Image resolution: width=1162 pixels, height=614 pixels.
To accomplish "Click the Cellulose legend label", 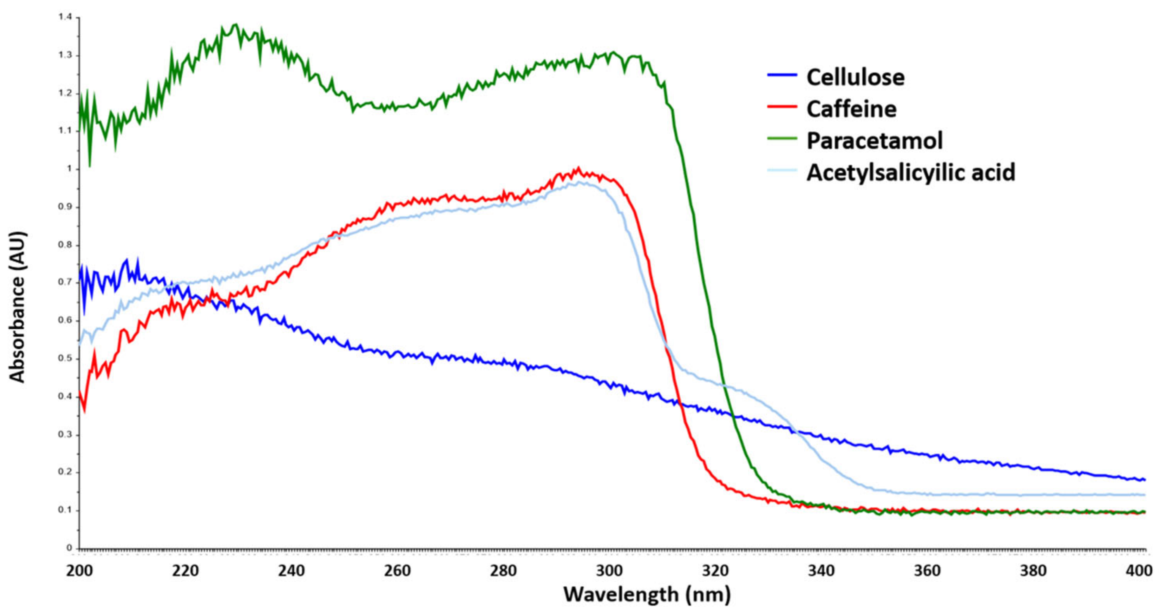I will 855,78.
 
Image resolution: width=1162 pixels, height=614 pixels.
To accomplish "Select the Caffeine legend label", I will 851,109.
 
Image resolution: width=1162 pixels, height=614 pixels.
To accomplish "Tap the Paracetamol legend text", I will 874,141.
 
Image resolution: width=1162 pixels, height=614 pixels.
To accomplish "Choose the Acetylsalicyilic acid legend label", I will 911,172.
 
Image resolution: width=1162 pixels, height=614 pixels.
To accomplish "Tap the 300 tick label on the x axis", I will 609,571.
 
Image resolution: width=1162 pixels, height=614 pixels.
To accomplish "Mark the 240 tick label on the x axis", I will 291,571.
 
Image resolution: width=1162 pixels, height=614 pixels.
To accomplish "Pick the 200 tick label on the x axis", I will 79,571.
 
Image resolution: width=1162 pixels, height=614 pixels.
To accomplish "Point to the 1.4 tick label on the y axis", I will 65,17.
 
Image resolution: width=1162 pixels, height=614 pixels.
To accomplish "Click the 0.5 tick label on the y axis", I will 65,358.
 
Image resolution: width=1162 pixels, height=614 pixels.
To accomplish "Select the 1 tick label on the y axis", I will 69,169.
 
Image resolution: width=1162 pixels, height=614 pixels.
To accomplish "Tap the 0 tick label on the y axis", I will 69,548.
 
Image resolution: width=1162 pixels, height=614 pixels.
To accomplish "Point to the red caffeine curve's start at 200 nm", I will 80,392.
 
